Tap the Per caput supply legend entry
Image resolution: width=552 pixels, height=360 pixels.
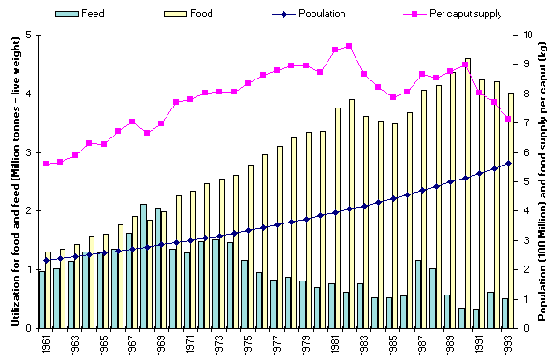(x=439, y=15)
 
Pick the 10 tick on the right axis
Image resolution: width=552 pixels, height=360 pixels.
(x=523, y=36)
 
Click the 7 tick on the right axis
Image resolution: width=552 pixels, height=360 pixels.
(x=523, y=123)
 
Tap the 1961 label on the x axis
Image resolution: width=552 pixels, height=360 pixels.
(x=48, y=342)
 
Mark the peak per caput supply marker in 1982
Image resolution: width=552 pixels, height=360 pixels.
(x=349, y=46)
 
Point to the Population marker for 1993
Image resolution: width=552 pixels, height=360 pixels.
(x=509, y=163)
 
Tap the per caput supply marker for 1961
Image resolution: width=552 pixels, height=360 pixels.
(x=45, y=164)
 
